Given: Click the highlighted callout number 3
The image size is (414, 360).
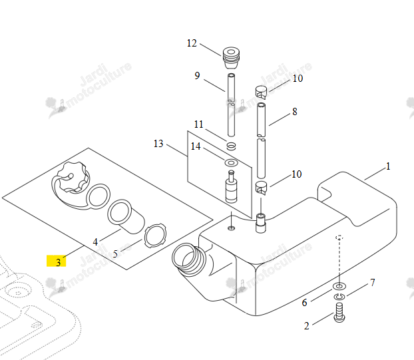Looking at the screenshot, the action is pos(59,262).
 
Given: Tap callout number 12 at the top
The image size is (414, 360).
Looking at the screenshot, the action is pos(192,43).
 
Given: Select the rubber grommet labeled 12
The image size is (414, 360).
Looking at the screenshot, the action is pos(231,58).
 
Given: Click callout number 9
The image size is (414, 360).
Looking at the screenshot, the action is pos(197,76).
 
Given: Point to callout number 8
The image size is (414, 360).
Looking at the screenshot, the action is pos(295,112).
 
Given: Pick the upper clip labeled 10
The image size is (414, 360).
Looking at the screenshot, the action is pos(262,91).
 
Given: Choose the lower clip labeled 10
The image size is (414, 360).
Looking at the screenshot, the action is pos(262,188).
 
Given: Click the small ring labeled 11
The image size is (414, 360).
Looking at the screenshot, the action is pos(231,146).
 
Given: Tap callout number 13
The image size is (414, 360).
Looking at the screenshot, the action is pos(158,144).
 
